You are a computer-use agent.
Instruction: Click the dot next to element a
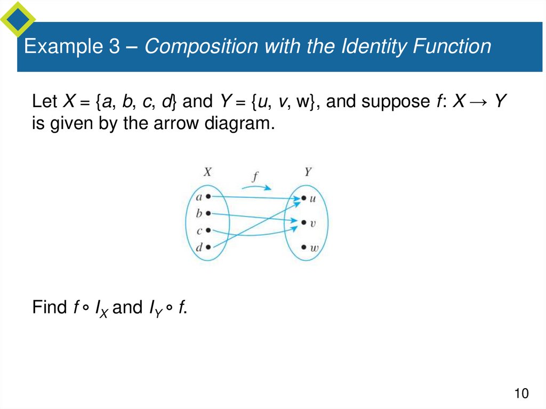coord(208,197)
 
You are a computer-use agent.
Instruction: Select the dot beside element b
coord(208,213)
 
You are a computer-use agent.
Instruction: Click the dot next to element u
coord(303,198)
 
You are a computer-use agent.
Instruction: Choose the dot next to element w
coord(303,247)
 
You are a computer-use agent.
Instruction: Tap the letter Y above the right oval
coord(308,172)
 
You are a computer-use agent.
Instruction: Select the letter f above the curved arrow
coord(254,177)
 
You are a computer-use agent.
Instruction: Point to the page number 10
coord(521,394)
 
